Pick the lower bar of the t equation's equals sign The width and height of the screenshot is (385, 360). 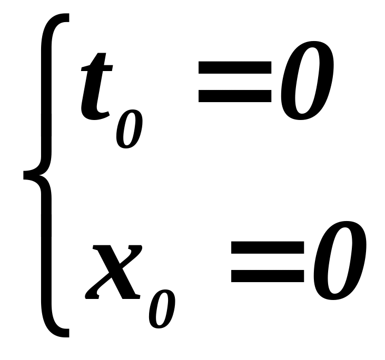coord(235,96)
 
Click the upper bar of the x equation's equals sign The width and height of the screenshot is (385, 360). coord(268,248)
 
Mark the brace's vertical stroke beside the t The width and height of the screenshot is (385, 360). coord(47,95)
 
